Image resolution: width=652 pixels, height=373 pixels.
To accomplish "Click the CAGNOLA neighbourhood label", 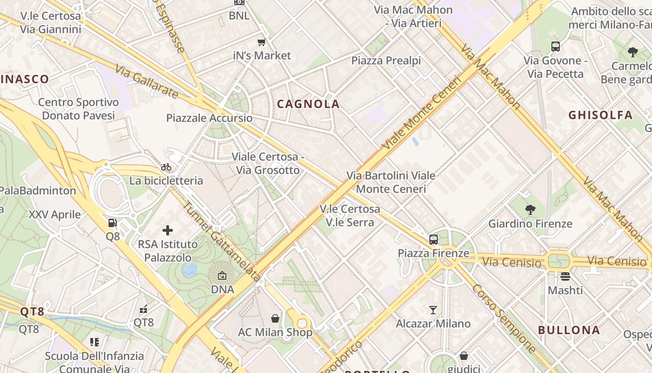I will pos(308,104).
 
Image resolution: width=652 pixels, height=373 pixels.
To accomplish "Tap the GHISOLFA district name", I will pos(600,115).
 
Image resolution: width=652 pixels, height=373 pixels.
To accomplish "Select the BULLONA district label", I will pos(569,330).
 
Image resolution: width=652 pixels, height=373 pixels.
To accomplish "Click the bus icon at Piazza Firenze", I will pos(434,240).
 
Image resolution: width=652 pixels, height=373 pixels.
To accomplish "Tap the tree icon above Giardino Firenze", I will pos(530,210).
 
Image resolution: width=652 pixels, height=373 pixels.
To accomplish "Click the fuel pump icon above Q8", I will pos(112,223).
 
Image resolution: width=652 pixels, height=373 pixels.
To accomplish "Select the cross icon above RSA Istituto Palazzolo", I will pos(168,230).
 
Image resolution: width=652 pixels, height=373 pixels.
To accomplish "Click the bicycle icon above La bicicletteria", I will pos(166,167).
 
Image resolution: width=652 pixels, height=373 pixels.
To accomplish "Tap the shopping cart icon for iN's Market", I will pos(262,42).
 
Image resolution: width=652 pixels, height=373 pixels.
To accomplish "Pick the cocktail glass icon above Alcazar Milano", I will pos(433,310).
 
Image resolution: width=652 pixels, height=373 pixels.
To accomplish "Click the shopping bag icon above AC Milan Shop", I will pos(275,318).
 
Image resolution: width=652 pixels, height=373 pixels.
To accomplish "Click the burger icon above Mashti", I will pos(565,276).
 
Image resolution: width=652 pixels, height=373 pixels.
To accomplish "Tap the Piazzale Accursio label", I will pos(210,118).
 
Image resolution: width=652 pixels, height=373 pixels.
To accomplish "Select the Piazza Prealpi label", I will pos(386,61).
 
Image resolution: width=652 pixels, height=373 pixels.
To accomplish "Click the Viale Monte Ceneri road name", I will pos(421,113).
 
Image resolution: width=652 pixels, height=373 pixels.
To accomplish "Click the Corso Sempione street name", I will pos(504,318).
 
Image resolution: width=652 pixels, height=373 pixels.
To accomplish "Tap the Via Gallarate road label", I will pos(146,82).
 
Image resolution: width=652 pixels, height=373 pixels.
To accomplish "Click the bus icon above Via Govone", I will pos(555,47).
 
